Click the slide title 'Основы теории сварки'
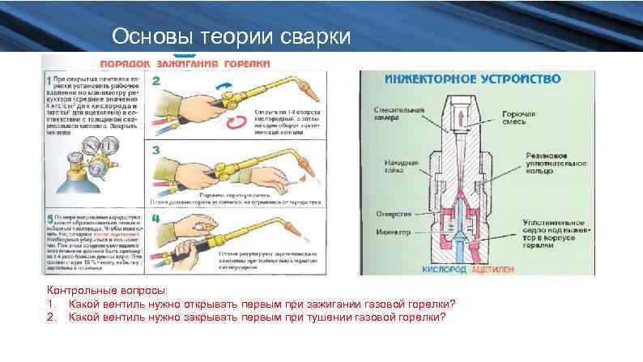pos(232,37)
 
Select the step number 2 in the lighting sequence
pos(155,81)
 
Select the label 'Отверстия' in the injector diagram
pos(394,215)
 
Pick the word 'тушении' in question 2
pos(329,317)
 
